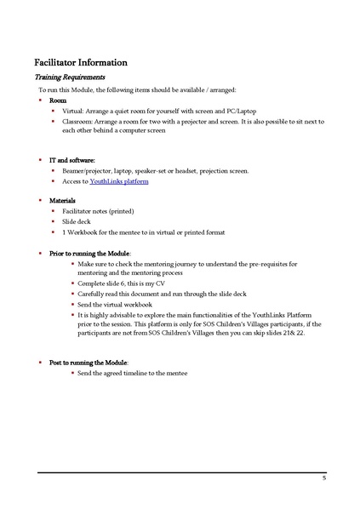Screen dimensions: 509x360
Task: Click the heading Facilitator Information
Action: click(x=81, y=62)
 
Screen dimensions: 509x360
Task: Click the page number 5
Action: click(x=324, y=478)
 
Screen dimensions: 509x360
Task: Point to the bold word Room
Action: click(x=58, y=100)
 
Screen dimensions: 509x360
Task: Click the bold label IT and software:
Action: click(x=72, y=159)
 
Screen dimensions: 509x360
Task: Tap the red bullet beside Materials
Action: click(x=40, y=200)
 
